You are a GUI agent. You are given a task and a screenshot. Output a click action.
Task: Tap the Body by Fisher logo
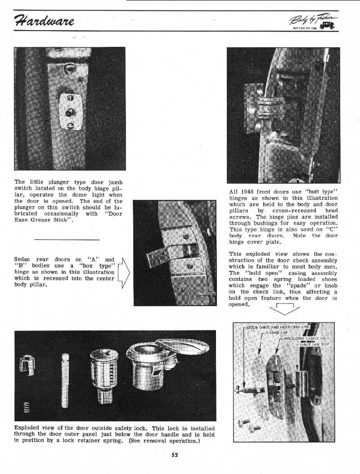314,21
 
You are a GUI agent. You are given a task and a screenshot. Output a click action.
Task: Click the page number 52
175,455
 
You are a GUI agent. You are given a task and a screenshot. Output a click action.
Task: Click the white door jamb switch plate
70,111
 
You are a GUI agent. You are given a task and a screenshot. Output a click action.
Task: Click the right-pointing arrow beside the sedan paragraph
124,273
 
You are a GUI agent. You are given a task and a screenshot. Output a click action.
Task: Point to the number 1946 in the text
248,192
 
